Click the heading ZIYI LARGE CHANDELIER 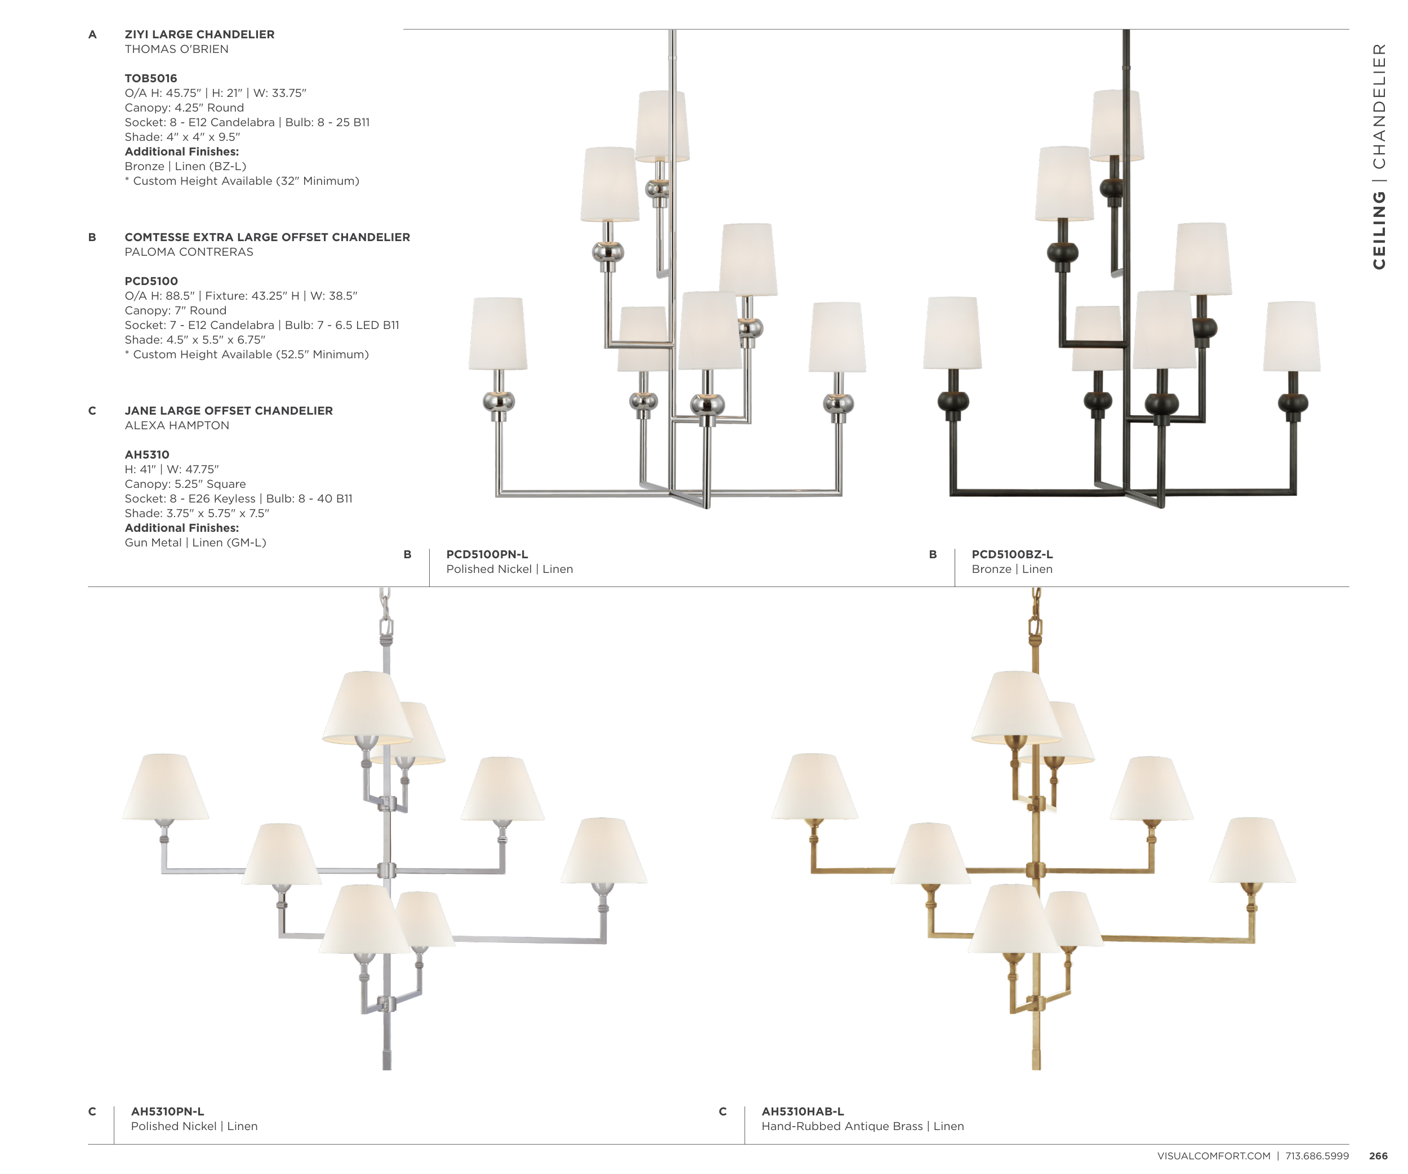point(199,34)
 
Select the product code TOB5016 point(151,78)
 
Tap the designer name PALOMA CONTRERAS point(189,252)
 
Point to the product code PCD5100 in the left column point(152,281)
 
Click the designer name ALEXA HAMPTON point(177,425)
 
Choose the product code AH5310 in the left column point(147,455)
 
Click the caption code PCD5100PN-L point(487,554)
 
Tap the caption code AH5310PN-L point(168,1111)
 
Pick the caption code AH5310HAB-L point(803,1111)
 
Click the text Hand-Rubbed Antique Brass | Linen point(863,1126)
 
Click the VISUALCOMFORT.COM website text point(1214,1156)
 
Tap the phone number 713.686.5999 point(1317,1156)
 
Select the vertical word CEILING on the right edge point(1379,230)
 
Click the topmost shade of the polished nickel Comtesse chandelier point(662,126)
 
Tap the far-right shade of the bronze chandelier point(1292,336)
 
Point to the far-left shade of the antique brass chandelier point(814,786)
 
